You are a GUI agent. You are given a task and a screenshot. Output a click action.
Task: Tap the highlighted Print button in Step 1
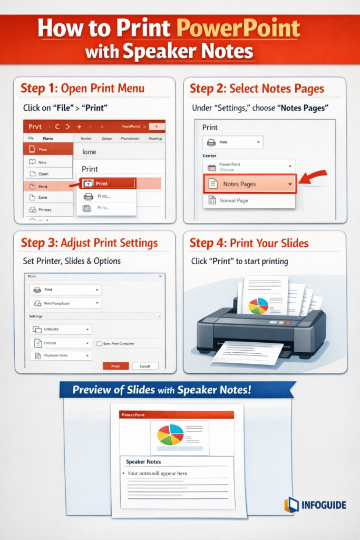(x=108, y=184)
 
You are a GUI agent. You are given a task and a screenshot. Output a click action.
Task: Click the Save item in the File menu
(x=43, y=197)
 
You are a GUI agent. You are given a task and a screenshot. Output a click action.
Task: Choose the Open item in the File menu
(x=43, y=173)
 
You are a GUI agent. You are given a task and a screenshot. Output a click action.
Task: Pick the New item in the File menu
(x=42, y=162)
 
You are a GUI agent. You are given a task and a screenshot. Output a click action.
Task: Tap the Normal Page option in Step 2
(x=235, y=200)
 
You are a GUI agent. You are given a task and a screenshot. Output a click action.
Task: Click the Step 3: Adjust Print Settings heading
(x=89, y=243)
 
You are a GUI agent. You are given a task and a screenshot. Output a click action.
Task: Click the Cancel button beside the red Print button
(x=145, y=366)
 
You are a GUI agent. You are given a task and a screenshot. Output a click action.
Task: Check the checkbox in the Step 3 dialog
(x=99, y=344)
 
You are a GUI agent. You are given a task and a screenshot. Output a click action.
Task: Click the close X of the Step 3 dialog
(x=160, y=276)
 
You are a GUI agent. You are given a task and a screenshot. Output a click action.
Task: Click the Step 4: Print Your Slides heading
(x=249, y=243)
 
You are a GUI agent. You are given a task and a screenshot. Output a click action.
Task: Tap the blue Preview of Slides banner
(x=177, y=390)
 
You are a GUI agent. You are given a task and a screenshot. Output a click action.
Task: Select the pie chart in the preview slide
(x=170, y=435)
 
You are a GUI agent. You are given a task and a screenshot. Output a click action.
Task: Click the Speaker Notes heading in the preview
(x=143, y=462)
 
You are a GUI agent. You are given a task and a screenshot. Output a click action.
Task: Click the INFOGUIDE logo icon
(x=291, y=505)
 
